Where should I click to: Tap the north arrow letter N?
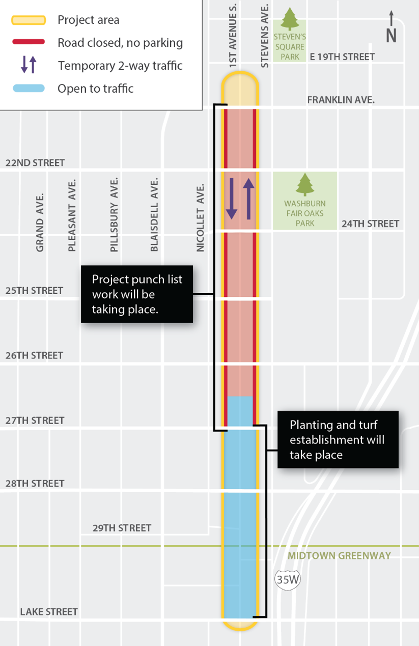(391, 36)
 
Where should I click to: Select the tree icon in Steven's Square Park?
(290, 19)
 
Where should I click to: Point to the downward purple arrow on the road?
(232, 199)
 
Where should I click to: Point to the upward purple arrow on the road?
(248, 199)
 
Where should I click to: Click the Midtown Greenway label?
(339, 555)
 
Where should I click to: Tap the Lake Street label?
(49, 611)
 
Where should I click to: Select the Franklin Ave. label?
(341, 100)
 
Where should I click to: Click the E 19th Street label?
(342, 57)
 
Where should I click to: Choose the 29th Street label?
(122, 528)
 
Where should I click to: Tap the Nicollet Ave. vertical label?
(200, 218)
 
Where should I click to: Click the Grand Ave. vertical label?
(40, 221)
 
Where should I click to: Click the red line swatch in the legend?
(29, 42)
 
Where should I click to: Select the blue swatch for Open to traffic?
(29, 88)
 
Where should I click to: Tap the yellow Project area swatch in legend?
(29, 20)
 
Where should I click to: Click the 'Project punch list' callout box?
(137, 294)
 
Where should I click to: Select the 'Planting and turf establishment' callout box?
(338, 439)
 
